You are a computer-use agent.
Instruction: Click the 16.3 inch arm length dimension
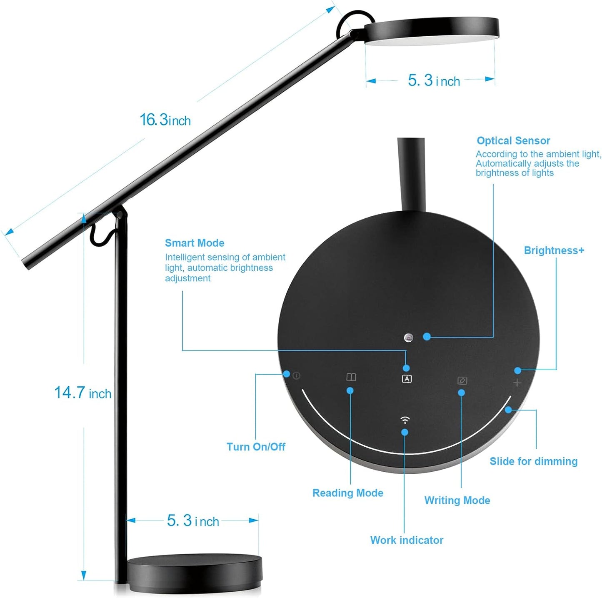[165, 120]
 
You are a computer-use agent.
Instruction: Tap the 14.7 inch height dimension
[83, 393]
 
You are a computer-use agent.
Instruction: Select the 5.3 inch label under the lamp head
[434, 80]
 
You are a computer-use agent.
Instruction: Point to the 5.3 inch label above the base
[193, 520]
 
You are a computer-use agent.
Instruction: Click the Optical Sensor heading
[513, 141]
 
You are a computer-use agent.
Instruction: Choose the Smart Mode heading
[195, 243]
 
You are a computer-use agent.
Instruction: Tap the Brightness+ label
[554, 250]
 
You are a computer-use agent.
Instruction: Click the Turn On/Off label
[256, 447]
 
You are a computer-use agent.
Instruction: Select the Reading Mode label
[348, 493]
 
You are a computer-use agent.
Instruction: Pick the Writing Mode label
[457, 500]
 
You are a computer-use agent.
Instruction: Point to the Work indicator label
[407, 540]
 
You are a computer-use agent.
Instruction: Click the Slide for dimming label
[533, 461]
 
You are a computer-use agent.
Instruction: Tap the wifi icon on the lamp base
[405, 420]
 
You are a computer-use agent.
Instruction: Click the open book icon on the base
[351, 377]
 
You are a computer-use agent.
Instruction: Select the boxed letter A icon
[407, 379]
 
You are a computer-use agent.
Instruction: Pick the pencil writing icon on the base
[462, 380]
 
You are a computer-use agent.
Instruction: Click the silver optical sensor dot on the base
[409, 338]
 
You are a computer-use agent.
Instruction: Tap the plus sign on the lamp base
[517, 383]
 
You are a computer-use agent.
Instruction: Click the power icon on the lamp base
[296, 375]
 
